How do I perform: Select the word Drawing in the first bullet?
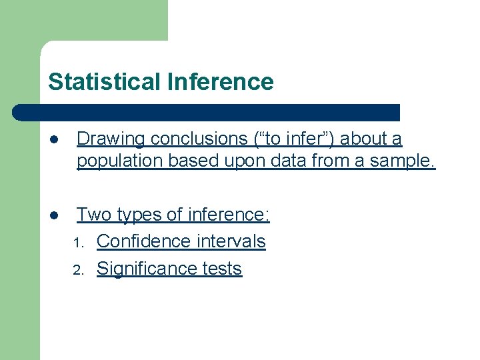click(x=111, y=139)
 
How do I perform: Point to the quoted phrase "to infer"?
click(x=294, y=139)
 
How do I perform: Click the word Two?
click(x=93, y=215)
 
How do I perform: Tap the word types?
click(x=138, y=215)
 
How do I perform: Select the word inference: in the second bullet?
click(x=229, y=215)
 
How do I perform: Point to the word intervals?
click(x=233, y=241)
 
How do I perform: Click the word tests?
click(x=224, y=269)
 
